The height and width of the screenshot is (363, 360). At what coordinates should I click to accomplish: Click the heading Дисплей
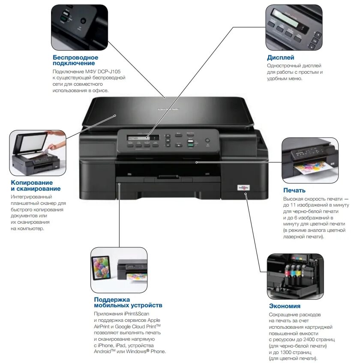coord(280,57)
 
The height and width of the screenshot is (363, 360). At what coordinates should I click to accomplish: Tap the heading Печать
coord(294,190)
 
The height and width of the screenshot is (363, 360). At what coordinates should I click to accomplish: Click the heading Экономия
coord(285,306)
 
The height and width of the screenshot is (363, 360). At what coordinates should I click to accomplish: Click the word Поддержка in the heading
coord(112,299)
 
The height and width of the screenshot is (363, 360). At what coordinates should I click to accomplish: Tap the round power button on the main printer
coord(207,141)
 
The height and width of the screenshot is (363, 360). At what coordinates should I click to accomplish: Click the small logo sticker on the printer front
coord(243,187)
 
